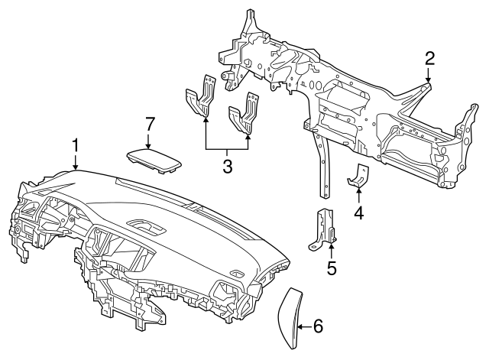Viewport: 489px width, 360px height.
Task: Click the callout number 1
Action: point(75,146)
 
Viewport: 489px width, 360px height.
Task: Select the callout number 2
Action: point(429,59)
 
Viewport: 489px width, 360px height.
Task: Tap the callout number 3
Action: point(228,166)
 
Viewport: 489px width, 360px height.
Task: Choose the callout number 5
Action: point(332,268)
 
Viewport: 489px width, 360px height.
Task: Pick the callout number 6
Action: point(318,326)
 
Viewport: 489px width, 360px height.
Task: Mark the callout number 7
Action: point(150,124)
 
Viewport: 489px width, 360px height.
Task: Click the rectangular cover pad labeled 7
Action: point(154,161)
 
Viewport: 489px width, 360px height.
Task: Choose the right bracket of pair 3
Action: point(244,113)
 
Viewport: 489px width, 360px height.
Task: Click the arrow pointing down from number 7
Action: point(148,140)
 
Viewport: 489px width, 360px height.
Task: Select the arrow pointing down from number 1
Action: point(75,162)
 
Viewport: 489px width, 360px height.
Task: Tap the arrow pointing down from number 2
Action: point(429,75)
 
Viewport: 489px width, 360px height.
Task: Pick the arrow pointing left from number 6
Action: point(305,326)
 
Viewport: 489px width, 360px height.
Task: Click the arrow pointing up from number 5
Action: point(332,251)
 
